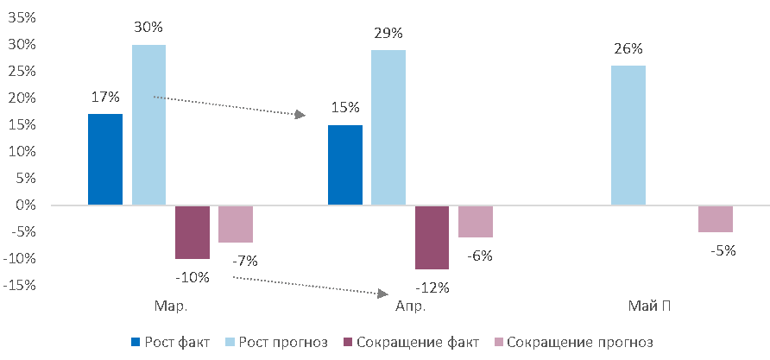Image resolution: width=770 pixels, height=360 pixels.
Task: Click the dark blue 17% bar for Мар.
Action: point(105,160)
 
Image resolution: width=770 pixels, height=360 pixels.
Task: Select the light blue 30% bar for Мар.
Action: point(148,125)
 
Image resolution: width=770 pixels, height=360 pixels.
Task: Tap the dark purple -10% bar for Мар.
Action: point(192,232)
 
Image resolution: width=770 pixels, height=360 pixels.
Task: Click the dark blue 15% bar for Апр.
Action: point(345,165)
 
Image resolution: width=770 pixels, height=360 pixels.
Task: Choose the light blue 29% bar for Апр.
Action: point(388,128)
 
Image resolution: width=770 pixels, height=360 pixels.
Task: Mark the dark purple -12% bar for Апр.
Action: point(432,237)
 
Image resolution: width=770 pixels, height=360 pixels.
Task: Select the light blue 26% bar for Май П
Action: point(628,136)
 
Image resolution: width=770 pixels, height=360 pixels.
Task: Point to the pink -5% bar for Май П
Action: point(715,219)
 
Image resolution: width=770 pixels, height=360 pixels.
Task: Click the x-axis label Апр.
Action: point(410,306)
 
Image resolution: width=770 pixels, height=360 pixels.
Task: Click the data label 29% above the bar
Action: point(388,33)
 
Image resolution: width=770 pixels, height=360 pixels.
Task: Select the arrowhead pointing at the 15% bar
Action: point(300,115)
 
